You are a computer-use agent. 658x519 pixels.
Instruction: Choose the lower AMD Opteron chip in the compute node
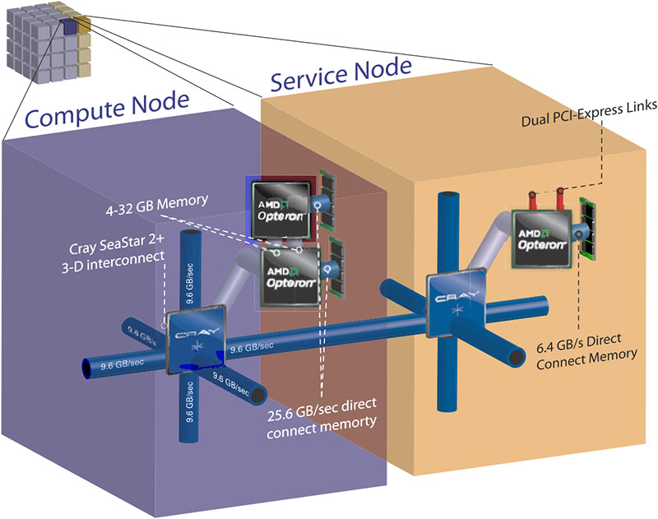pyautogui.click(x=292, y=276)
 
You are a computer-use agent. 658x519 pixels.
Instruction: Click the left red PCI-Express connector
pyautogui.click(x=531, y=198)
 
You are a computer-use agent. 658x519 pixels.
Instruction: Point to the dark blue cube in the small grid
pyautogui.click(x=68, y=29)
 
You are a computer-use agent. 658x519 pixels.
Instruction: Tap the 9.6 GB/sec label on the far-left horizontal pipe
pyautogui.click(x=118, y=360)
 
